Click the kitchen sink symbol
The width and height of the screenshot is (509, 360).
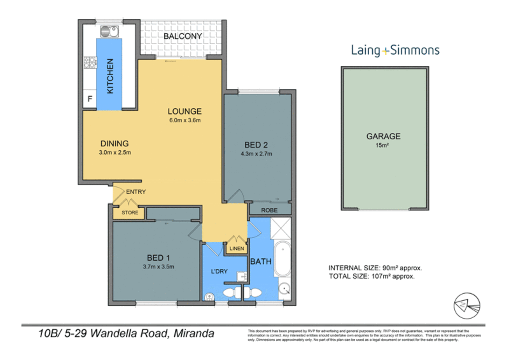109,32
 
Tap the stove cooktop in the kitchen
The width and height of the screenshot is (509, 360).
90,62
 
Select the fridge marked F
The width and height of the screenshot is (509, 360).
90,99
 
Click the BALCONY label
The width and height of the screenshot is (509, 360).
182,36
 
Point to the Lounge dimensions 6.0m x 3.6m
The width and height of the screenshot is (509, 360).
185,120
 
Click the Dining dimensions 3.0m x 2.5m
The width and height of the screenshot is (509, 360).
115,153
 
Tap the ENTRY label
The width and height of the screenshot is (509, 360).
136,192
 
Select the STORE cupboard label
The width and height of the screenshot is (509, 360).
130,213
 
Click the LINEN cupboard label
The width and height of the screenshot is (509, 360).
236,249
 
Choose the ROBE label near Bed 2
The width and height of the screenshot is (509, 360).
269,210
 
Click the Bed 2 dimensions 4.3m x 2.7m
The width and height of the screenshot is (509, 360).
256,154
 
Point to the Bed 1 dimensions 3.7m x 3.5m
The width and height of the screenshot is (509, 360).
158,267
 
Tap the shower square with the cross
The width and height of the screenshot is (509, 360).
280,229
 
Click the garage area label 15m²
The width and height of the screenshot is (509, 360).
382,145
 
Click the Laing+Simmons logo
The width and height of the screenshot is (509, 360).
395,50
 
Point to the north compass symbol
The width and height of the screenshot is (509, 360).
467,306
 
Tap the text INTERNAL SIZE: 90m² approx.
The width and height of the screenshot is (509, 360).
375,268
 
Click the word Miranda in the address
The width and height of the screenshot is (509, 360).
194,333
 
